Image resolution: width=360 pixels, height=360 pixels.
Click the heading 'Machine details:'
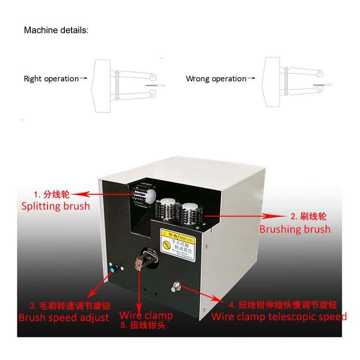point(56,30)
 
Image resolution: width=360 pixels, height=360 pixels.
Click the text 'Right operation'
point(51,79)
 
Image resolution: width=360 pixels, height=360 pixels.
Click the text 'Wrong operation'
point(216,79)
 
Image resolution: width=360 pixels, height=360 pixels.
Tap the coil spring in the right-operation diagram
point(118,85)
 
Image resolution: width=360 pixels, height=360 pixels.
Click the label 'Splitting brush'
point(56,206)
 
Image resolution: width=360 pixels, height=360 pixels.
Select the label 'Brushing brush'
point(295,229)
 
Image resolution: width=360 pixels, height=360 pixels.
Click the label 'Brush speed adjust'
point(64,317)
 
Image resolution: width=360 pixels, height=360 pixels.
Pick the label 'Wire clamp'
point(146,316)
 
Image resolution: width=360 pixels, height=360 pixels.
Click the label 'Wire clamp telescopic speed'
point(279,316)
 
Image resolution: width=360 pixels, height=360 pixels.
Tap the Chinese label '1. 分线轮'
point(51,195)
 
